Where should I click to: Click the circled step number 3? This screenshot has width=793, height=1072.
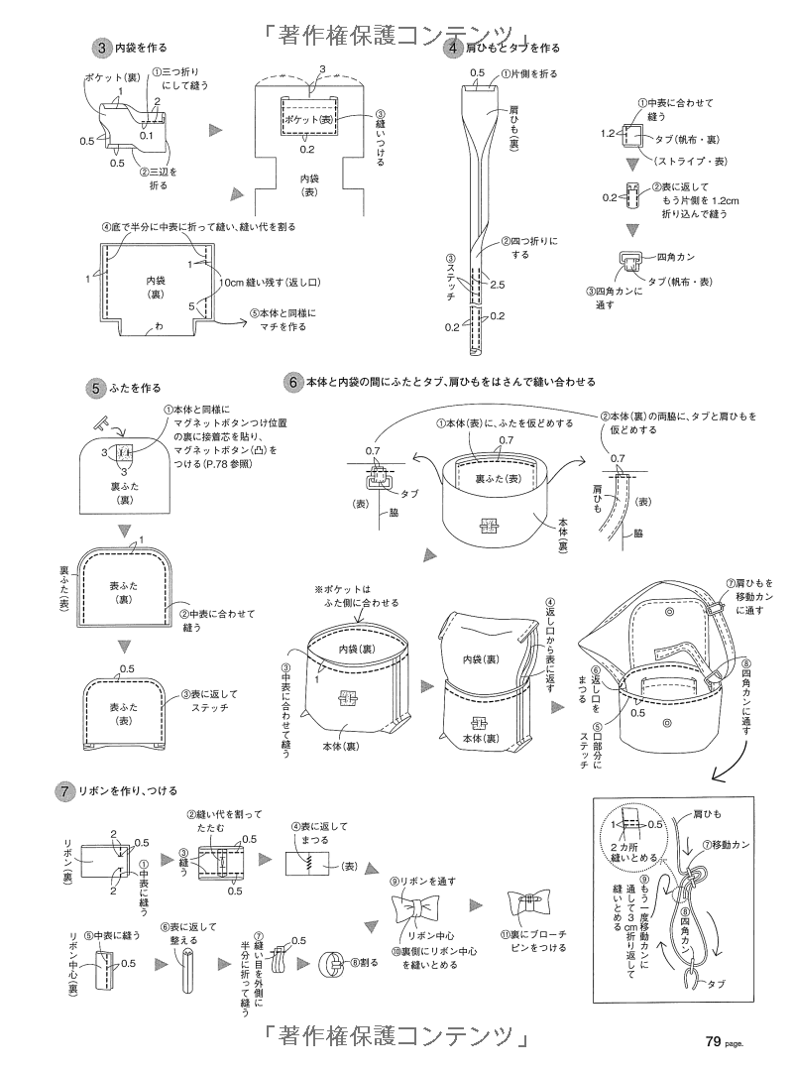[x=101, y=47]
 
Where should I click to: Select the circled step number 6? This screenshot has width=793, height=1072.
[x=292, y=380]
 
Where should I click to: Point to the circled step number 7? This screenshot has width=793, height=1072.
[x=62, y=790]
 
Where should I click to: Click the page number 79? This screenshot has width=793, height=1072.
[x=713, y=1040]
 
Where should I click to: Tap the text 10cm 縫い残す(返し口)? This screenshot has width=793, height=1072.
[x=269, y=282]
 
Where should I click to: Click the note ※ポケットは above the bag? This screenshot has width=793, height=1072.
[x=341, y=587]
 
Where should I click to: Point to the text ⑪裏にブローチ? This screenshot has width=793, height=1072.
[x=534, y=933]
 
